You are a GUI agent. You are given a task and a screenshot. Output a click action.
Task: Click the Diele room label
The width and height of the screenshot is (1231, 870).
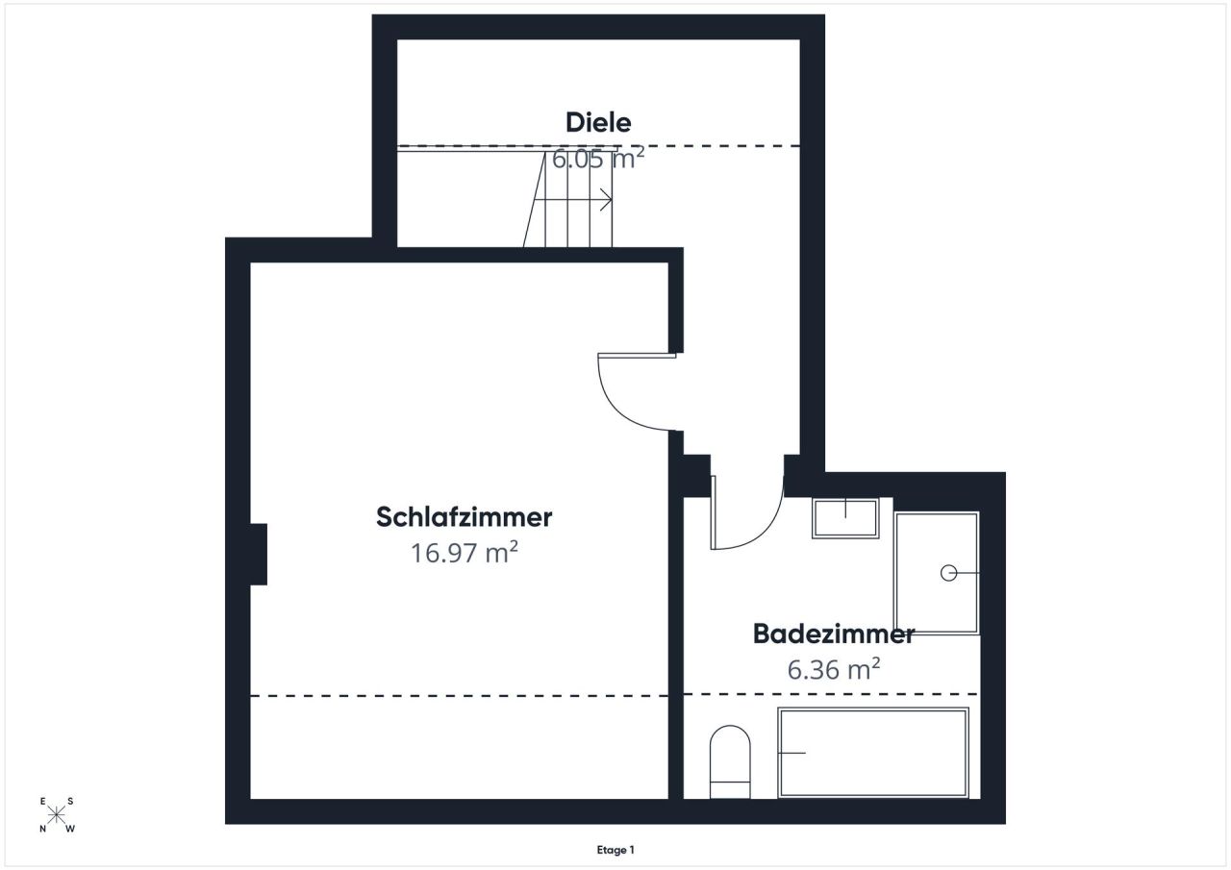(x=598, y=123)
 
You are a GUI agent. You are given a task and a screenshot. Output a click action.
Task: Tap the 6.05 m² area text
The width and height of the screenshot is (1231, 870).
(x=597, y=159)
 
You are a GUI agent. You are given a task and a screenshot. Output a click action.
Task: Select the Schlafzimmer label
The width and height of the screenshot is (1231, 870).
(x=465, y=517)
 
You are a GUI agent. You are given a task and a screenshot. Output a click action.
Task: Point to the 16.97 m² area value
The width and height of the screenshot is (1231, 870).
(x=465, y=553)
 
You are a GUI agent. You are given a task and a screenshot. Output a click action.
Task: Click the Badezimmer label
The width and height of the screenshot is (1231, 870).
(x=833, y=634)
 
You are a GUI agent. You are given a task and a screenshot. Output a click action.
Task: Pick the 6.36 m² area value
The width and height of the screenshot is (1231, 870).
(x=834, y=669)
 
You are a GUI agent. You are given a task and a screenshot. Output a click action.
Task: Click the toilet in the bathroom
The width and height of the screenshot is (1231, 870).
(x=729, y=762)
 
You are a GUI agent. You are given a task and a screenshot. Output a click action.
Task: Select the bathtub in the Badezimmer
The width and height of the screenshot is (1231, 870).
(x=872, y=753)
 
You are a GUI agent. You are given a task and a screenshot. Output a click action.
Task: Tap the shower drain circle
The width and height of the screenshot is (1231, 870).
(x=947, y=573)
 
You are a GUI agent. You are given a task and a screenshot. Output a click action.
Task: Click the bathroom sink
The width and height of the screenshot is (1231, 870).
(x=845, y=518)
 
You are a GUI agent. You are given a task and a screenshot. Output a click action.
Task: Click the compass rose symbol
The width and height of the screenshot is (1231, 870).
(x=57, y=814)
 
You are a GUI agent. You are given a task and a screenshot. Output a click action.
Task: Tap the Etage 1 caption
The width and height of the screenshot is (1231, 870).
(x=615, y=850)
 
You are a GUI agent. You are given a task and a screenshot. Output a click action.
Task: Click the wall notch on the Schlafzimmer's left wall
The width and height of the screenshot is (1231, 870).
(x=258, y=554)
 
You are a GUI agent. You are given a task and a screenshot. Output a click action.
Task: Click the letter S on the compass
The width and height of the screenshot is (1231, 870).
(x=71, y=801)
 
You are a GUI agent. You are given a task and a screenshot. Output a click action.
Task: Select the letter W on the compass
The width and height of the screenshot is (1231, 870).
(x=71, y=829)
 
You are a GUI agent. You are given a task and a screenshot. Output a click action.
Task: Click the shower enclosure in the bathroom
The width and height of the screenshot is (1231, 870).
(x=937, y=573)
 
